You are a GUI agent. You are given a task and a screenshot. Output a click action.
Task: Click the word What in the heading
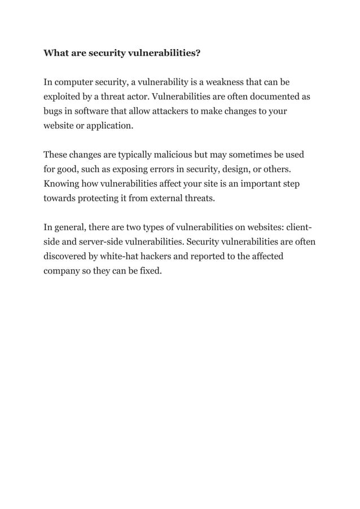(x=56, y=54)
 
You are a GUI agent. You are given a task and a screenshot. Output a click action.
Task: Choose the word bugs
(x=54, y=111)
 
